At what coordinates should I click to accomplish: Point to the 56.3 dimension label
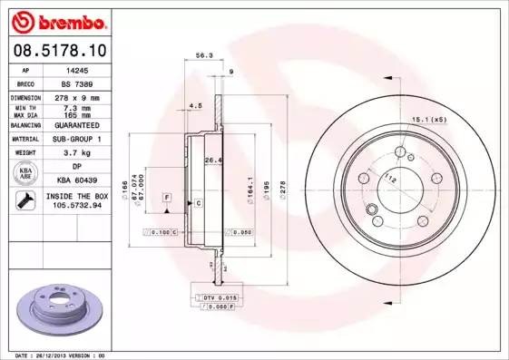[204, 55]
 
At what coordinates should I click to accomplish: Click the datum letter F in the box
[167, 197]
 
